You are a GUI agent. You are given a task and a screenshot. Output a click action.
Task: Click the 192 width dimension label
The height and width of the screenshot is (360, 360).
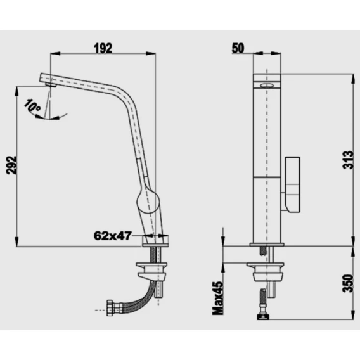103,48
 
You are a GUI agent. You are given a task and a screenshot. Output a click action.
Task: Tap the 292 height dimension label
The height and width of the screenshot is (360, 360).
11,165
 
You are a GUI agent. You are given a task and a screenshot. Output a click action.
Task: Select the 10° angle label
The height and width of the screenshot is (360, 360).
32,105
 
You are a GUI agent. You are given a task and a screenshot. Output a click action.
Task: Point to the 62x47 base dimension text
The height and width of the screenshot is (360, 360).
113,235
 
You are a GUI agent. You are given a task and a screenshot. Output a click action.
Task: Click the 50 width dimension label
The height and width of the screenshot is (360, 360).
238,48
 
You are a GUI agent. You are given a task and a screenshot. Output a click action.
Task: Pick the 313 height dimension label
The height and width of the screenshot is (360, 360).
347,160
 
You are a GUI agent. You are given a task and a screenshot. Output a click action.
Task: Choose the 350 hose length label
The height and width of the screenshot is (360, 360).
347,283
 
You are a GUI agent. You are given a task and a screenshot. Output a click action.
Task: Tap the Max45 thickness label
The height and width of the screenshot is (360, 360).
218,298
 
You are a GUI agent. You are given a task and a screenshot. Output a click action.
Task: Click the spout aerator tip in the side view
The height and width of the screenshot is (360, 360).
51,85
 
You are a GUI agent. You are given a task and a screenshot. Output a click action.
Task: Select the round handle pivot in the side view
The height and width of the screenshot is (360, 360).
148,201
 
